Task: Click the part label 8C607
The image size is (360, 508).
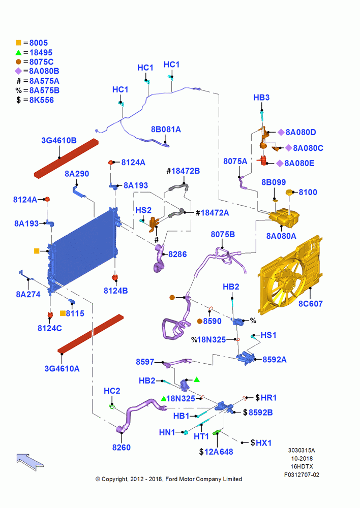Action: (x=310, y=304)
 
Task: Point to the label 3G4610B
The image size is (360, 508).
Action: (x=58, y=141)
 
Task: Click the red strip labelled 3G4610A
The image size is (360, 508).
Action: (x=91, y=334)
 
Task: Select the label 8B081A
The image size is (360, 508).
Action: (x=166, y=130)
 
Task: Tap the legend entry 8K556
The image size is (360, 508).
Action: (x=42, y=100)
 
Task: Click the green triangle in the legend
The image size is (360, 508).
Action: (x=18, y=52)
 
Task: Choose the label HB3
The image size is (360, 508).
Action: (x=261, y=97)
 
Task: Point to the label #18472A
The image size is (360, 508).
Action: (x=212, y=213)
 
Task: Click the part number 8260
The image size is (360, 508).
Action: (x=122, y=448)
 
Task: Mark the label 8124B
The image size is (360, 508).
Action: (x=116, y=291)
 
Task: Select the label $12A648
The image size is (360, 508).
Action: (x=216, y=452)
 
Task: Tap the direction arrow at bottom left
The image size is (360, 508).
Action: (x=30, y=462)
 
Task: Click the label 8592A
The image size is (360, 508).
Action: (x=275, y=360)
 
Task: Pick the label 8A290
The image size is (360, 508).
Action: (x=77, y=174)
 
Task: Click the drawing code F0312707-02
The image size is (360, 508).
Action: (x=302, y=474)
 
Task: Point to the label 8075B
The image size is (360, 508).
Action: (x=223, y=234)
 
